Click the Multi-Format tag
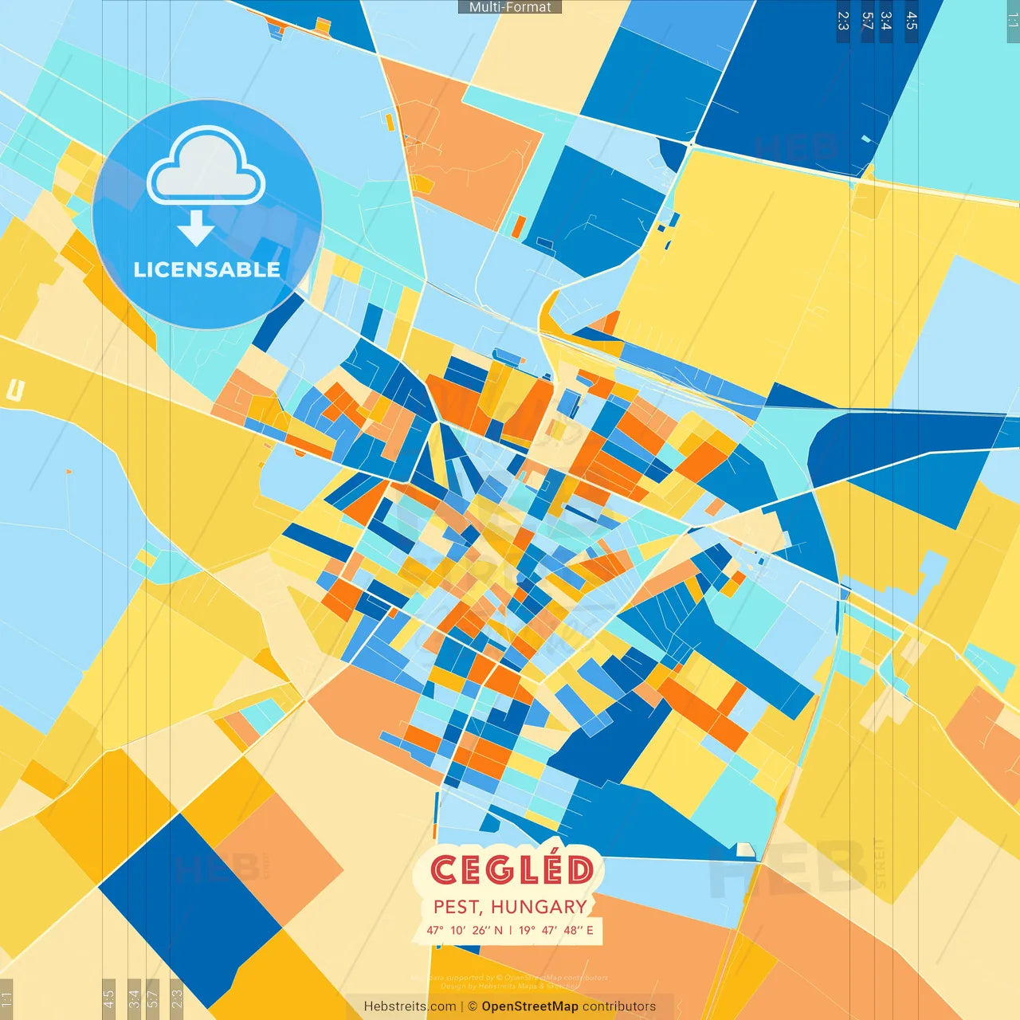510,7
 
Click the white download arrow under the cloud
196,232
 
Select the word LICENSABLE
207,270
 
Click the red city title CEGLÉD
512,870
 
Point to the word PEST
457,907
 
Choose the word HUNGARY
539,907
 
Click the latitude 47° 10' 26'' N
465,930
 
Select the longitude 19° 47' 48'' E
556,930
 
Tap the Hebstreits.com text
410,1006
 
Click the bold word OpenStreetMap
530,1006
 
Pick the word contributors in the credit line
619,1006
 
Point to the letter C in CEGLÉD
443,870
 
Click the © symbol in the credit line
472,1006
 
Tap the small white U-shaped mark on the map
15,390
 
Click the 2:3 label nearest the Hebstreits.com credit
177,996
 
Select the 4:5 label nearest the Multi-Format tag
912,21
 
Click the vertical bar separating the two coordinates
511,930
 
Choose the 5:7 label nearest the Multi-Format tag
867,21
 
